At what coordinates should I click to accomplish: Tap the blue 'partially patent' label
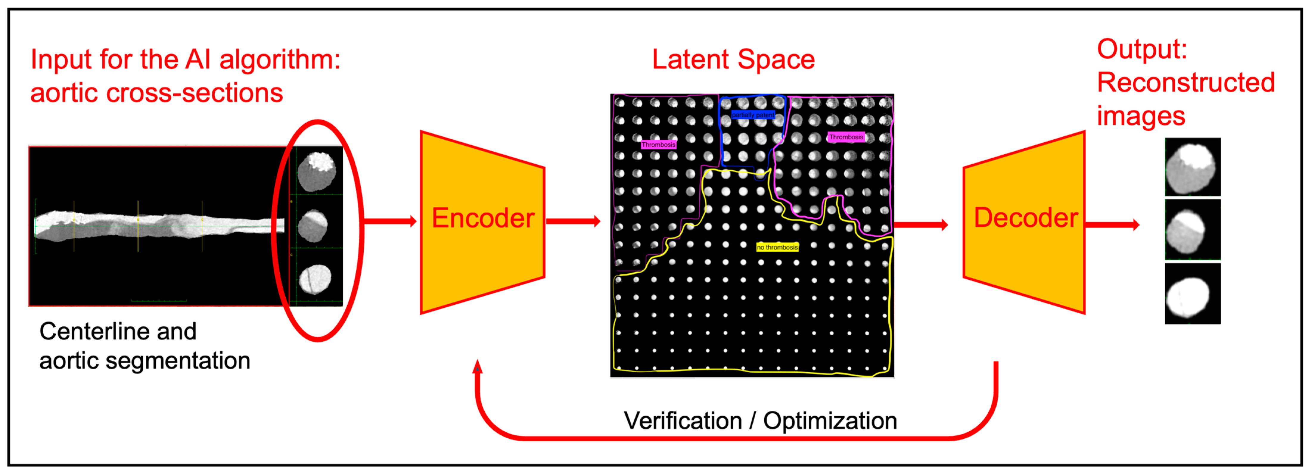pyautogui.click(x=753, y=115)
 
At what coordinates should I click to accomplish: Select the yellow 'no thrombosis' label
pyautogui.click(x=777, y=247)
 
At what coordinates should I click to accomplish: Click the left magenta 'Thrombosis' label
pyautogui.click(x=658, y=145)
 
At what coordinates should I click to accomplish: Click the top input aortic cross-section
pyautogui.click(x=316, y=171)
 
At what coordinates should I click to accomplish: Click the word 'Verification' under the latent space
pyautogui.click(x=682, y=421)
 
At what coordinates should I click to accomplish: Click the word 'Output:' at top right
pyautogui.click(x=1142, y=49)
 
